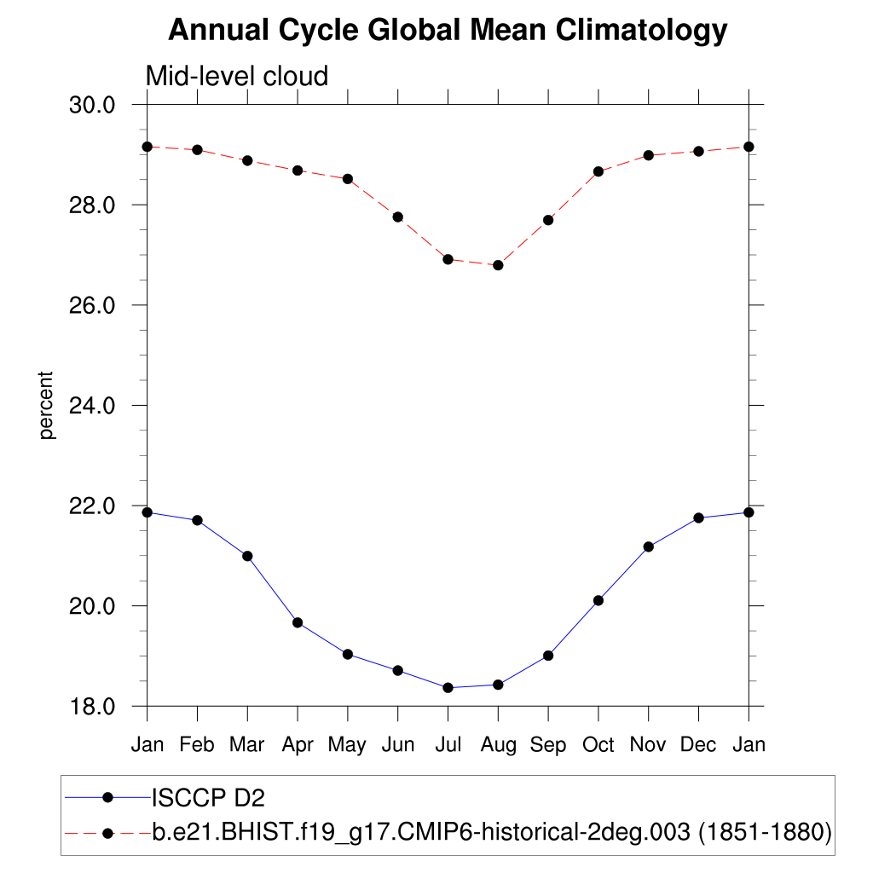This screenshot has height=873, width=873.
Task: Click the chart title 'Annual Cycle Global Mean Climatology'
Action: pyautogui.click(x=448, y=31)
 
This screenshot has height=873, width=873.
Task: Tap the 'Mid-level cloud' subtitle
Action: pyautogui.click(x=237, y=76)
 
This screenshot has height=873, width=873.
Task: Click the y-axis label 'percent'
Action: pyautogui.click(x=47, y=405)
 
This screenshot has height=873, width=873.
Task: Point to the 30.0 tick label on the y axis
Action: pyautogui.click(x=90, y=105)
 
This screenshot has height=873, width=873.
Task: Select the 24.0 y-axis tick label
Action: pyautogui.click(x=90, y=405)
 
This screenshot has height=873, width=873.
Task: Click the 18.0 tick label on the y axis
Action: pyautogui.click(x=90, y=707)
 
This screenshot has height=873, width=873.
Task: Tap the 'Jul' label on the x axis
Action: pyautogui.click(x=448, y=745)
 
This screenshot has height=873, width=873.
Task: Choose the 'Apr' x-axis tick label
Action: pyautogui.click(x=298, y=745)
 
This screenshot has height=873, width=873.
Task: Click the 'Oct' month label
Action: pyautogui.click(x=598, y=745)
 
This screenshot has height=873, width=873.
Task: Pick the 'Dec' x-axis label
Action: pyautogui.click(x=698, y=745)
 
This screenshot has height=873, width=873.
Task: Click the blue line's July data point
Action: pyautogui.click(x=448, y=687)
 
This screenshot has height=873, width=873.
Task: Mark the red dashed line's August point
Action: pyautogui.click(x=498, y=265)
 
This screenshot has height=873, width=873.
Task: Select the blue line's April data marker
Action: pyautogui.click(x=298, y=622)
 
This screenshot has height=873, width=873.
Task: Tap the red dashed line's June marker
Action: pyautogui.click(x=397, y=217)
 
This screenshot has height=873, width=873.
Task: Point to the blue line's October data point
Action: pyautogui.click(x=598, y=600)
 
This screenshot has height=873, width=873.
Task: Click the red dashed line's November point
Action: pyautogui.click(x=648, y=155)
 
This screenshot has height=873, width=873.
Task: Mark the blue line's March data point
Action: pyautogui.click(x=247, y=556)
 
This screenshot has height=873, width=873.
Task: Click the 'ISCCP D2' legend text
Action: pyautogui.click(x=208, y=798)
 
